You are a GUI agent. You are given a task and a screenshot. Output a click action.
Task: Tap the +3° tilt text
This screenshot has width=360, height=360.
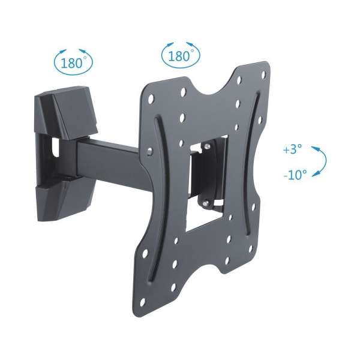[x=294, y=150]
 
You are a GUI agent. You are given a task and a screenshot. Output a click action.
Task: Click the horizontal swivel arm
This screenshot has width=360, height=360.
[x=108, y=153]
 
